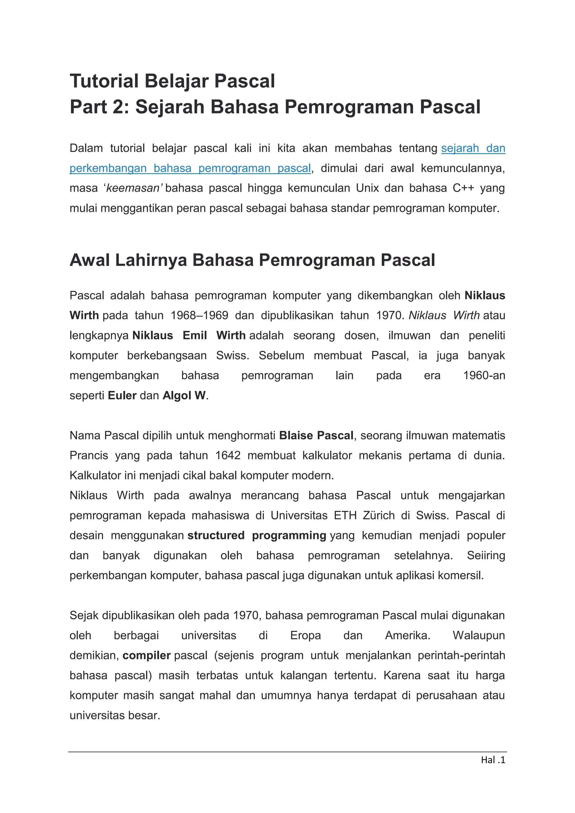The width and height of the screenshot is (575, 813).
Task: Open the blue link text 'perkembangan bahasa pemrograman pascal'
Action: click(x=190, y=168)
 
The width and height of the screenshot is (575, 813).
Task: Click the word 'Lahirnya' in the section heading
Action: click(x=150, y=260)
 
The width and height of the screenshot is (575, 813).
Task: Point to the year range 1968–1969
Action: click(x=199, y=316)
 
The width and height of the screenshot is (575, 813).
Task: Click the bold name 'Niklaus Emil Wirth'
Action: click(x=189, y=335)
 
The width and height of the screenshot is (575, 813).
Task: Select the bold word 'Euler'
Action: click(x=122, y=396)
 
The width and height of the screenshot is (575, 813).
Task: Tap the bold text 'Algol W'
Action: click(x=184, y=396)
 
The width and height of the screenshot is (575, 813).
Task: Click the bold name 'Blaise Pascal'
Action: click(x=316, y=435)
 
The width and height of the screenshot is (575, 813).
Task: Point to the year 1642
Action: click(x=228, y=455)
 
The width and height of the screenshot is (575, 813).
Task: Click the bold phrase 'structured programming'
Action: click(x=257, y=535)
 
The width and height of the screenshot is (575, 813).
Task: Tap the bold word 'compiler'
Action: click(x=147, y=656)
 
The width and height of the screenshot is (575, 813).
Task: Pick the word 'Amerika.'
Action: click(x=408, y=636)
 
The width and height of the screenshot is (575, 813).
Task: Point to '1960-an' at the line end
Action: click(x=484, y=375)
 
